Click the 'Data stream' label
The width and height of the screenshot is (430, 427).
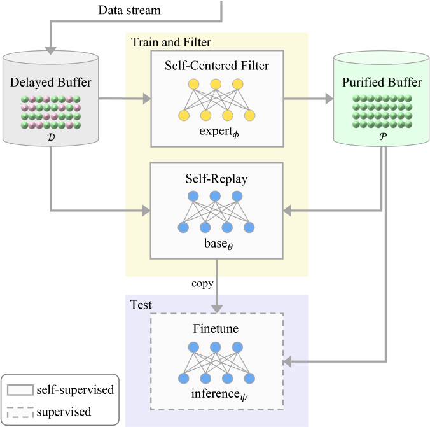[x=129, y=10]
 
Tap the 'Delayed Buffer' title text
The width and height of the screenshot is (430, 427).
[x=51, y=82]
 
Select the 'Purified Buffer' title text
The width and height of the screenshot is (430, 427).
[x=382, y=82]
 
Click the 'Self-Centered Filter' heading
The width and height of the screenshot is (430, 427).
[x=217, y=66]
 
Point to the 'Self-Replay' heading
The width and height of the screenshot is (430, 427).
[x=216, y=179]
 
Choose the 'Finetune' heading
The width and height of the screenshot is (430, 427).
[x=216, y=328]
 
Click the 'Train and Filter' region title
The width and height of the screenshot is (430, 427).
[x=171, y=42]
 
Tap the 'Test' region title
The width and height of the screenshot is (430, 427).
[x=141, y=305]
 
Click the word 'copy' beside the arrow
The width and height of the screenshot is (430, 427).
[x=202, y=284]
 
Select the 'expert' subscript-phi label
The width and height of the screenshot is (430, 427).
[x=219, y=132]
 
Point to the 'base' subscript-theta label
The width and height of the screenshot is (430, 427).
[x=218, y=244]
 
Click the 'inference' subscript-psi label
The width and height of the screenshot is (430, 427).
[x=219, y=395]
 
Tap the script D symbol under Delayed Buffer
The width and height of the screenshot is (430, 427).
[x=51, y=137]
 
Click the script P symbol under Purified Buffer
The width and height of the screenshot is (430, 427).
[x=383, y=136]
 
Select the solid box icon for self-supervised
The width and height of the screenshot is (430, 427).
[x=20, y=389]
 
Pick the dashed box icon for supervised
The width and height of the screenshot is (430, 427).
[x=20, y=412]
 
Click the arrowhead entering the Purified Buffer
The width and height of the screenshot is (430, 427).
[x=329, y=99]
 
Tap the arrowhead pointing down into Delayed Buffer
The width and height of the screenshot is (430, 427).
[x=51, y=51]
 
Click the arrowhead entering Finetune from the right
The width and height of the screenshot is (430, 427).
[x=287, y=361]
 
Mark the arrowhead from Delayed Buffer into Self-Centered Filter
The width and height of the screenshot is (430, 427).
[x=147, y=99]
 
